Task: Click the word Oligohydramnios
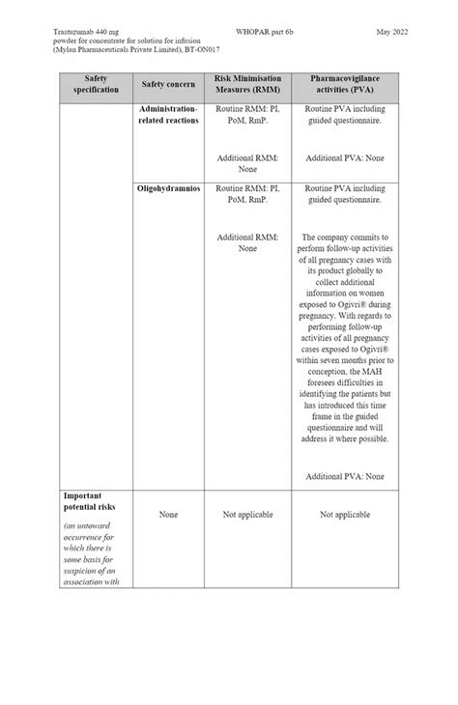168,188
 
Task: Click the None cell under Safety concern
168,515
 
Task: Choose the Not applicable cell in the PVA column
344,515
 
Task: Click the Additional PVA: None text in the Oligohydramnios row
344,476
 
